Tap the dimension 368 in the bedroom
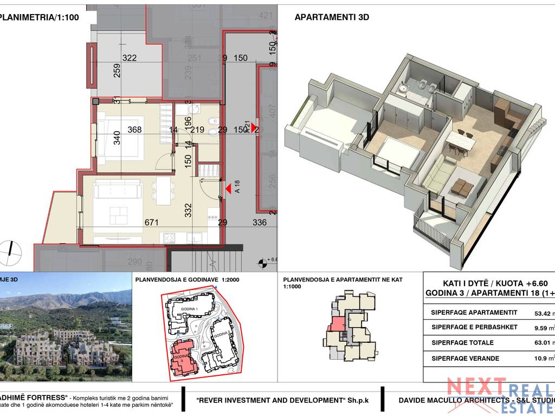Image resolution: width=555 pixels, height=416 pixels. tap(135, 129)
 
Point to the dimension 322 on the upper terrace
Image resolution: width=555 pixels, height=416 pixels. tap(129, 58)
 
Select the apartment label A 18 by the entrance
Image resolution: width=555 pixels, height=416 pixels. tap(237, 187)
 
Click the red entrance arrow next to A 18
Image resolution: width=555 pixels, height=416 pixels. tap(229, 188)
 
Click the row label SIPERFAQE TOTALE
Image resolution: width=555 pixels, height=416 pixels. tap(462, 342)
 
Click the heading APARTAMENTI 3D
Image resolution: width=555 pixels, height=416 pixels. tap(332, 17)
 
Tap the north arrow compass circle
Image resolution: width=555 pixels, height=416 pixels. tap(11, 250)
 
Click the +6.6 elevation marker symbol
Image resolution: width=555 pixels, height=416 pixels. tap(263, 263)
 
